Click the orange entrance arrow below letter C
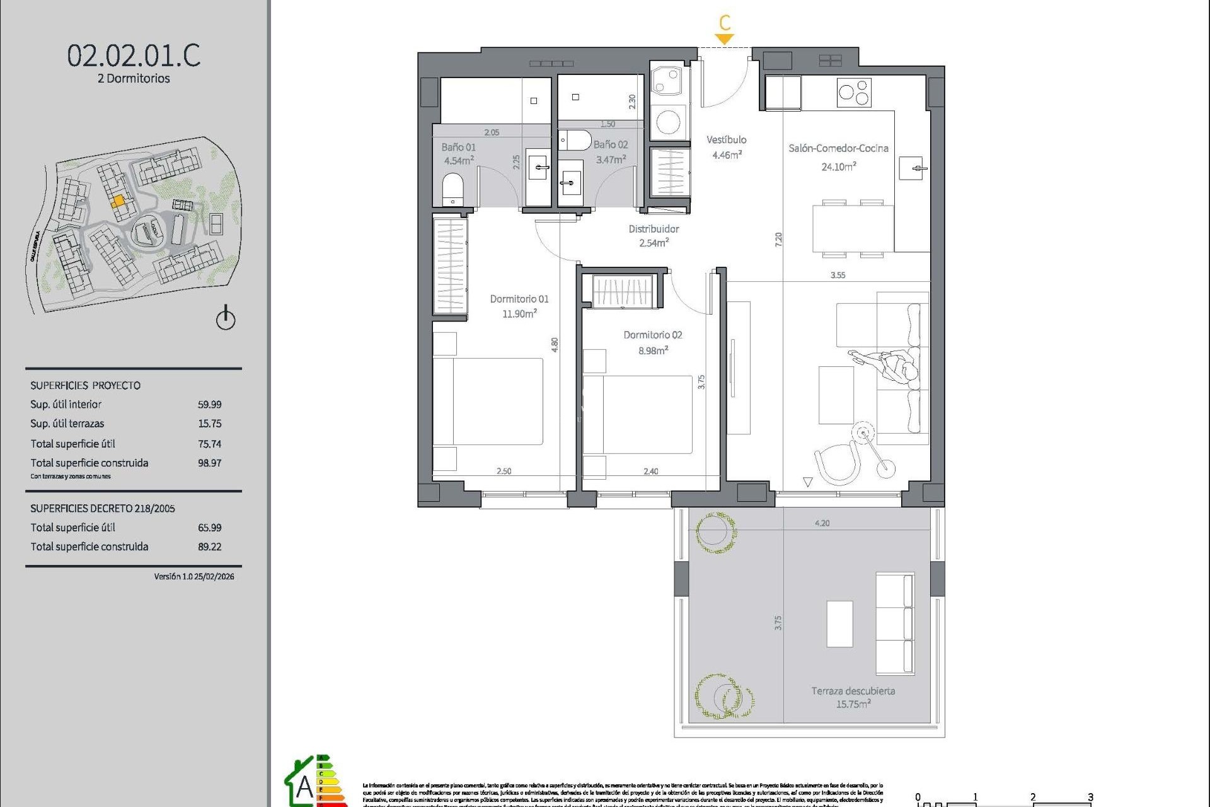pos(725,39)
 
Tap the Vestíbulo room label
pos(726,140)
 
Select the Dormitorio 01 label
pos(519,299)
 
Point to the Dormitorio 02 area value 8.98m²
pos(653,351)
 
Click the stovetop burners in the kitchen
pos(854,93)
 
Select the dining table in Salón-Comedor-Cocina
pos(853,228)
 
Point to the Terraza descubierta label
pos(853,691)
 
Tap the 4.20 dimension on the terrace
pos(822,523)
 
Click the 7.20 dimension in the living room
pos(778,239)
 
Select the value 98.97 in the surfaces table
pos(209,463)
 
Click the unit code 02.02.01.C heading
pos(134,55)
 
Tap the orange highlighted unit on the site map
pos(118,202)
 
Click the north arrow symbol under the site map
pos(226,318)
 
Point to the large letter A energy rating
pos(304,787)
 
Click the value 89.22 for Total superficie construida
pos(209,547)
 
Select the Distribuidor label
pos(654,229)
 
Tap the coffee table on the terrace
pos(839,624)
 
